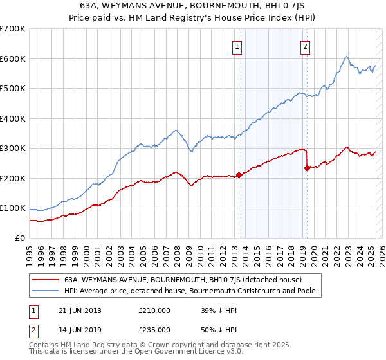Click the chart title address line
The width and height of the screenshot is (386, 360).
pos(192,6)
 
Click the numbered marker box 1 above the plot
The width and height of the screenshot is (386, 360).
pos(237,46)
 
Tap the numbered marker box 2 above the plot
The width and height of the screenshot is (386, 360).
pos(305,46)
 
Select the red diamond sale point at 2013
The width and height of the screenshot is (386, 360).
pos(239,175)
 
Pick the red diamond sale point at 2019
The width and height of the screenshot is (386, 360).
pos(307,168)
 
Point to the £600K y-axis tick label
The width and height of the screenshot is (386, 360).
pos(13,59)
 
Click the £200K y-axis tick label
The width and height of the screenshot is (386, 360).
pos(13,178)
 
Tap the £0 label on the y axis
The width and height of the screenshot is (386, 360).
pos(19,238)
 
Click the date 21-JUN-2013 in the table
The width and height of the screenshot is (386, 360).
pos(80,310)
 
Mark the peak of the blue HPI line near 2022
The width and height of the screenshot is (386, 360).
pos(346,57)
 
